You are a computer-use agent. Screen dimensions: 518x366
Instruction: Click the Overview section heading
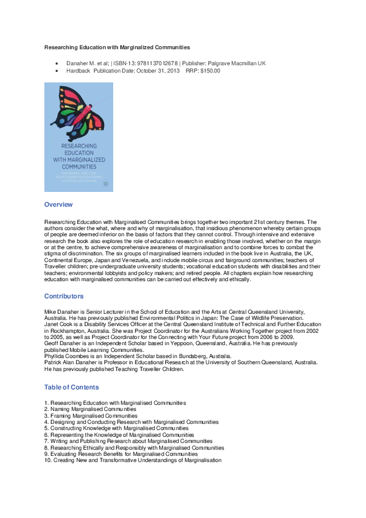coord(58,204)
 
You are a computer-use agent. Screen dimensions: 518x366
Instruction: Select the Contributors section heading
coord(64,297)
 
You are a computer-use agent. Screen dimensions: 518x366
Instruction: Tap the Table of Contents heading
coord(71,388)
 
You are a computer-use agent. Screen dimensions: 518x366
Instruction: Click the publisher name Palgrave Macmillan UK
coord(237,63)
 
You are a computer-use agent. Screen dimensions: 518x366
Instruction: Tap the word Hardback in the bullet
coord(78,71)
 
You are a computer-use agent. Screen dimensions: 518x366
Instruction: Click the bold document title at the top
coord(117,47)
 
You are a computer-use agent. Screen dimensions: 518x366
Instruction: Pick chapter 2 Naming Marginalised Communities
coord(90,409)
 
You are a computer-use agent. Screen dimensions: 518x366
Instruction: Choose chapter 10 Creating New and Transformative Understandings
coord(133,460)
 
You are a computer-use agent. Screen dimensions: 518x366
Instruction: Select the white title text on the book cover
coord(79,156)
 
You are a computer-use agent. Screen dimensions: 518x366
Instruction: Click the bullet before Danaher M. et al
coord(57,63)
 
